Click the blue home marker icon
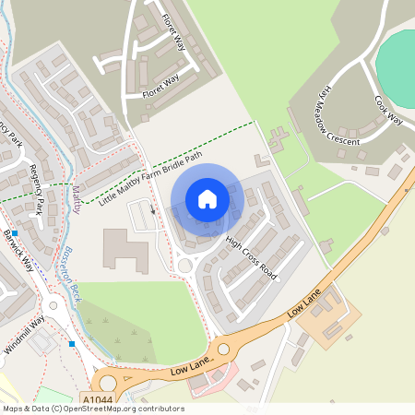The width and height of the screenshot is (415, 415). tap(207, 199)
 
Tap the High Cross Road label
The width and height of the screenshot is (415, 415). tap(251, 261)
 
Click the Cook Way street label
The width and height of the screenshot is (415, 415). tap(389, 109)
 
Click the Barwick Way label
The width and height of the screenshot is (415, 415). tap(18, 250)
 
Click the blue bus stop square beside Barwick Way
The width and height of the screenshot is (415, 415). tap(15, 233)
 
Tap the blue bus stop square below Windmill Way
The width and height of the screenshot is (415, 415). tap(72, 344)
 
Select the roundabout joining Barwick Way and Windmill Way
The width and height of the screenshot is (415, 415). tap(53, 304)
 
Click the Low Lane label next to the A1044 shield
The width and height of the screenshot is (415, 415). tap(192, 366)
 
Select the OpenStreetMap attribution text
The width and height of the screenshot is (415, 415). tap(92, 409)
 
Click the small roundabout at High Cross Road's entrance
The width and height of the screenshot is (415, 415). tap(184, 266)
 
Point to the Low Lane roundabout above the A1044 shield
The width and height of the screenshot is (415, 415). tap(109, 381)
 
